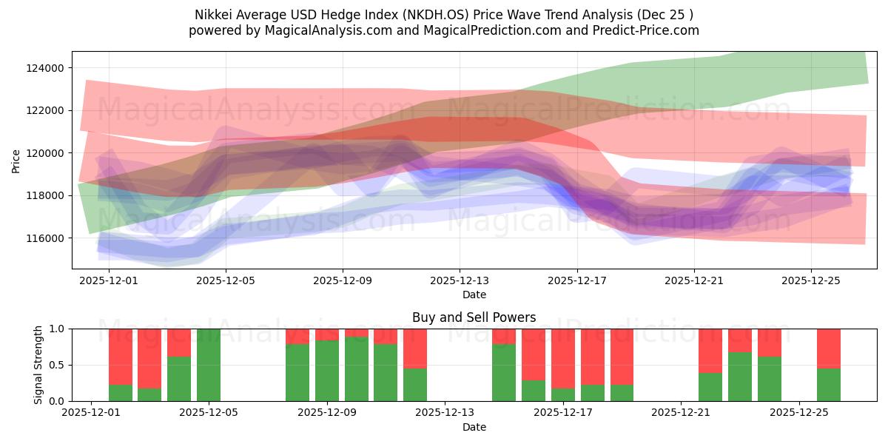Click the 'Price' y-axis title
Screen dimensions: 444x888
click(x=16, y=161)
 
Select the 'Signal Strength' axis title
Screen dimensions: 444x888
click(x=38, y=365)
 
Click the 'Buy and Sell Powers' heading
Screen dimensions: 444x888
click(x=474, y=317)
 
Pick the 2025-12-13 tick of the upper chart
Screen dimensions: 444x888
click(x=460, y=280)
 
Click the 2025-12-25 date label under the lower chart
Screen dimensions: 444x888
click(x=799, y=413)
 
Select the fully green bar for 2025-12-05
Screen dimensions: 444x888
click(x=209, y=365)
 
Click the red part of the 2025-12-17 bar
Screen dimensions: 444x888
click(x=563, y=355)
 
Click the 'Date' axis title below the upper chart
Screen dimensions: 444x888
click(x=474, y=295)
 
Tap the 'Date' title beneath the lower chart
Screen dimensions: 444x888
click(x=474, y=427)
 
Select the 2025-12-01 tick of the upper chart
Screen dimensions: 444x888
click(x=109, y=280)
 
